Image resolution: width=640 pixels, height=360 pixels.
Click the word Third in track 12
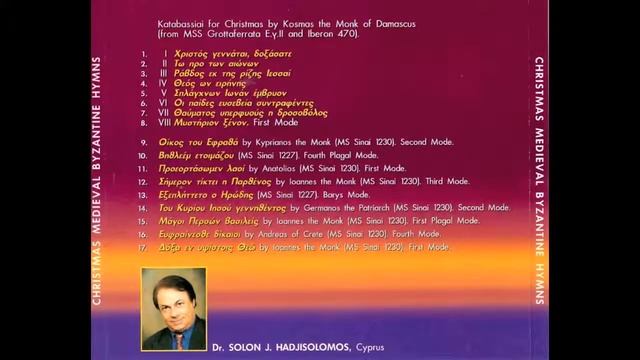pyautogui.click(x=408, y=182)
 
